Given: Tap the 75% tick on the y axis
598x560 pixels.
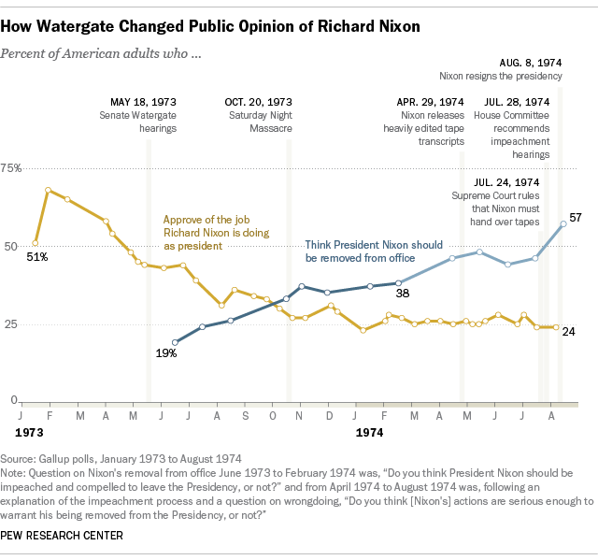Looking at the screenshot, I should coord(12,168).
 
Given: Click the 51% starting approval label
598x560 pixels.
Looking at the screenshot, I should coord(37,256).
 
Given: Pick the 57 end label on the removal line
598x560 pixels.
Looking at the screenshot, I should coord(576,217).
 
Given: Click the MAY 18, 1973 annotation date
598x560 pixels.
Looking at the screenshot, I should coord(143,101).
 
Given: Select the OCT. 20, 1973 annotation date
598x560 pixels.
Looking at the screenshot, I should coord(258,101).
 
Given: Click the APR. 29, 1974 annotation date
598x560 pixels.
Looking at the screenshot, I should coord(431,101).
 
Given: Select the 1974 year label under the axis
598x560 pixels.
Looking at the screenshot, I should coord(371,434).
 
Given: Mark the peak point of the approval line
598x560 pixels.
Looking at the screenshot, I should coord(48,190).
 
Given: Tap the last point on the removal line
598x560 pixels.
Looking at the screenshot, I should coord(562,223).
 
